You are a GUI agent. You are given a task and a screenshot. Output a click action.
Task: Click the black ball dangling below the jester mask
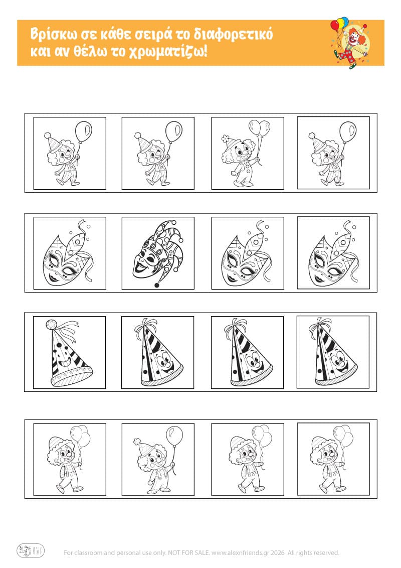pos(157,285)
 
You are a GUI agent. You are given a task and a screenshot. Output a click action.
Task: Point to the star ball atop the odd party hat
pos(51,324)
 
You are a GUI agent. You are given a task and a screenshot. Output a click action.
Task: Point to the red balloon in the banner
pos(335,26)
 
